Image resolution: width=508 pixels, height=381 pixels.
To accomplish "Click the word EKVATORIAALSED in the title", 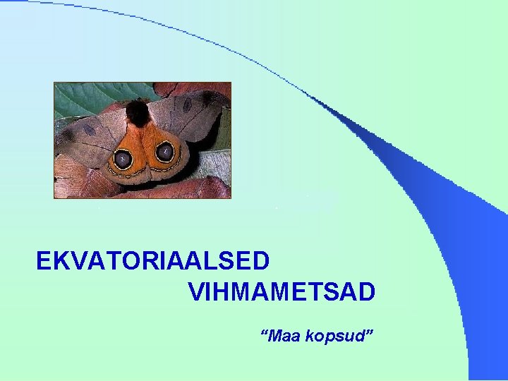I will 152,261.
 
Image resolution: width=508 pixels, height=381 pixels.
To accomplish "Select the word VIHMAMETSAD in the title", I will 282,292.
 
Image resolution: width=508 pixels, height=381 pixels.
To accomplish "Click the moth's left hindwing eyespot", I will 123,159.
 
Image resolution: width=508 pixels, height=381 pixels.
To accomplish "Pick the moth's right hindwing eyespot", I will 164,151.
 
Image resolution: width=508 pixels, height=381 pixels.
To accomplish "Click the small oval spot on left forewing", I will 90,131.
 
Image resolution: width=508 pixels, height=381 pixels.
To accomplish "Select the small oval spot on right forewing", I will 187,105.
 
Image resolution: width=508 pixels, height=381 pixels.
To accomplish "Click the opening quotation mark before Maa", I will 265,332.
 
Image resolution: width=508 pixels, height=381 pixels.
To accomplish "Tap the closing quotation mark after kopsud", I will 368,332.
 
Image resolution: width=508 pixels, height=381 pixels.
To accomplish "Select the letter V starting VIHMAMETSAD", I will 196,292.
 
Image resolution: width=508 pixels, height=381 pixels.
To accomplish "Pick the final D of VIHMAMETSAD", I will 367,292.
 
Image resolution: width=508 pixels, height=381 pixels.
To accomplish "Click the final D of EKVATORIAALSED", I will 260,261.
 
